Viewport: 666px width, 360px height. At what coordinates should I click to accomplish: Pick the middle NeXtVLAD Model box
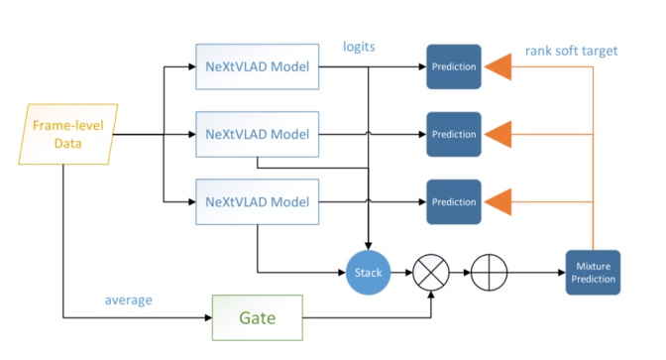point(257,132)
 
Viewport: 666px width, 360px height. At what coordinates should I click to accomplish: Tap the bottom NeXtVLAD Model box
point(257,201)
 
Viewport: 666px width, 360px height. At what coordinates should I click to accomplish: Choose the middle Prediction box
point(453,132)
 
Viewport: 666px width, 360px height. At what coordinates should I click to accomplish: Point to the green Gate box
point(256,318)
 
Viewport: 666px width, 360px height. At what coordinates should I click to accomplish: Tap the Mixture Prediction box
point(592,272)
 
